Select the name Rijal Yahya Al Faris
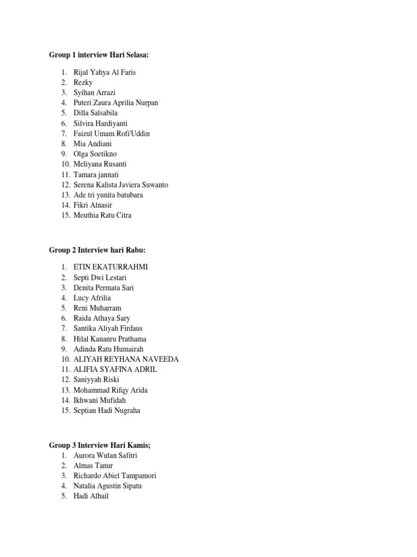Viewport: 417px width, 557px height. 105,72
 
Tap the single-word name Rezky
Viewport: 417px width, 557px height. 83,83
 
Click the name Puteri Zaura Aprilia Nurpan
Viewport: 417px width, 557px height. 116,103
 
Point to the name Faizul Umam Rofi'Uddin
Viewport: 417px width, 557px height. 111,134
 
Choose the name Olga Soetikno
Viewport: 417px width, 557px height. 95,154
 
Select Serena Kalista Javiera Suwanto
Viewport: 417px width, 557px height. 121,185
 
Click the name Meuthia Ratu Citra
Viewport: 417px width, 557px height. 102,215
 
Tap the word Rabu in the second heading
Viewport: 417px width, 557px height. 135,250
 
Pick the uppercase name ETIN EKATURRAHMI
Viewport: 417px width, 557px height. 111,267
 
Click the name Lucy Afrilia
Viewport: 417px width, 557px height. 92,298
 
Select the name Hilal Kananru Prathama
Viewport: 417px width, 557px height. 110,339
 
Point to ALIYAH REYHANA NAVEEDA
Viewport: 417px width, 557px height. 126,360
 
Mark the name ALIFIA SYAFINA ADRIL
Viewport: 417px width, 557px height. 115,369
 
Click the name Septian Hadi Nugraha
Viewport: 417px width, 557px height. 106,411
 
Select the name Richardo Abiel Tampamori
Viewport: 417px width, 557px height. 115,476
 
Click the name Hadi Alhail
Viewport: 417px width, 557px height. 91,496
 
